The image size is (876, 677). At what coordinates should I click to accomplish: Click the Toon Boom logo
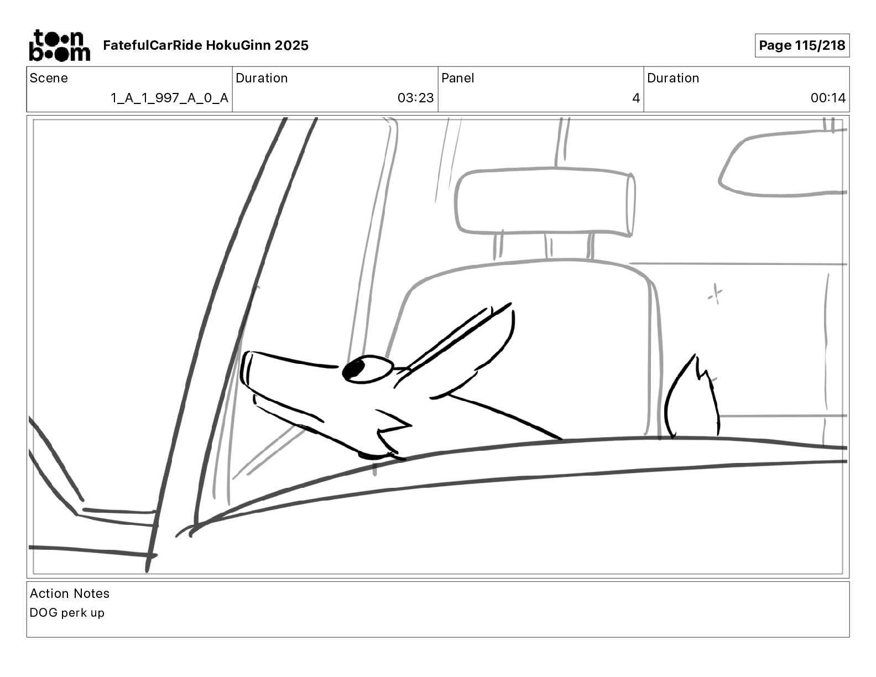coord(60,45)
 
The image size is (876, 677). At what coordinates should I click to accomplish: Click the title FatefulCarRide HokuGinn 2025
coord(206,45)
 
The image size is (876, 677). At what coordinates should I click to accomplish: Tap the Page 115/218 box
coord(802,45)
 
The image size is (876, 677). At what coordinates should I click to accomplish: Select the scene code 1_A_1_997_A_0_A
coord(169,98)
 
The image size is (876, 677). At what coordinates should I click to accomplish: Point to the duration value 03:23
coord(416,98)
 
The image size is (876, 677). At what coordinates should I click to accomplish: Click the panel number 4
coord(636,98)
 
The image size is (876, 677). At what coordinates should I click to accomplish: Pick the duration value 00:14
coord(828,98)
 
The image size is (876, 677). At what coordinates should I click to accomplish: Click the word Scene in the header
coord(49,78)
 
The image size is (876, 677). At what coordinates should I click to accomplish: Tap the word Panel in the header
coord(457,78)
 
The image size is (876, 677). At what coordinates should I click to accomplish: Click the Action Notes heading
coord(70,593)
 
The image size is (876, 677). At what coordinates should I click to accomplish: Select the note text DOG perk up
coord(67,613)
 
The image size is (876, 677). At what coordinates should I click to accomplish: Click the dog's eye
coord(367,369)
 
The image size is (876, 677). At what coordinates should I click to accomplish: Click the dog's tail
coord(692,397)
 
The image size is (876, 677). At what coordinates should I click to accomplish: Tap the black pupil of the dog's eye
coord(353,369)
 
